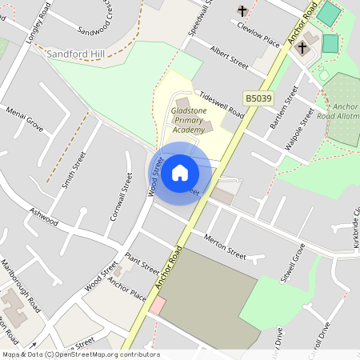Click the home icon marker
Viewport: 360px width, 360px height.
(180, 173)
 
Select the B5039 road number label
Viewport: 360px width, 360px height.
(258, 98)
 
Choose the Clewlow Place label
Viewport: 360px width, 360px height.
(258, 34)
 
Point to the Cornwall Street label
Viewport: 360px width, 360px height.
(121, 196)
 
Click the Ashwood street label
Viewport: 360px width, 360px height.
(44, 216)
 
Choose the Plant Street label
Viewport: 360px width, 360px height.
(142, 265)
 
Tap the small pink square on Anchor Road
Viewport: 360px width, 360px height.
(158, 305)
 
